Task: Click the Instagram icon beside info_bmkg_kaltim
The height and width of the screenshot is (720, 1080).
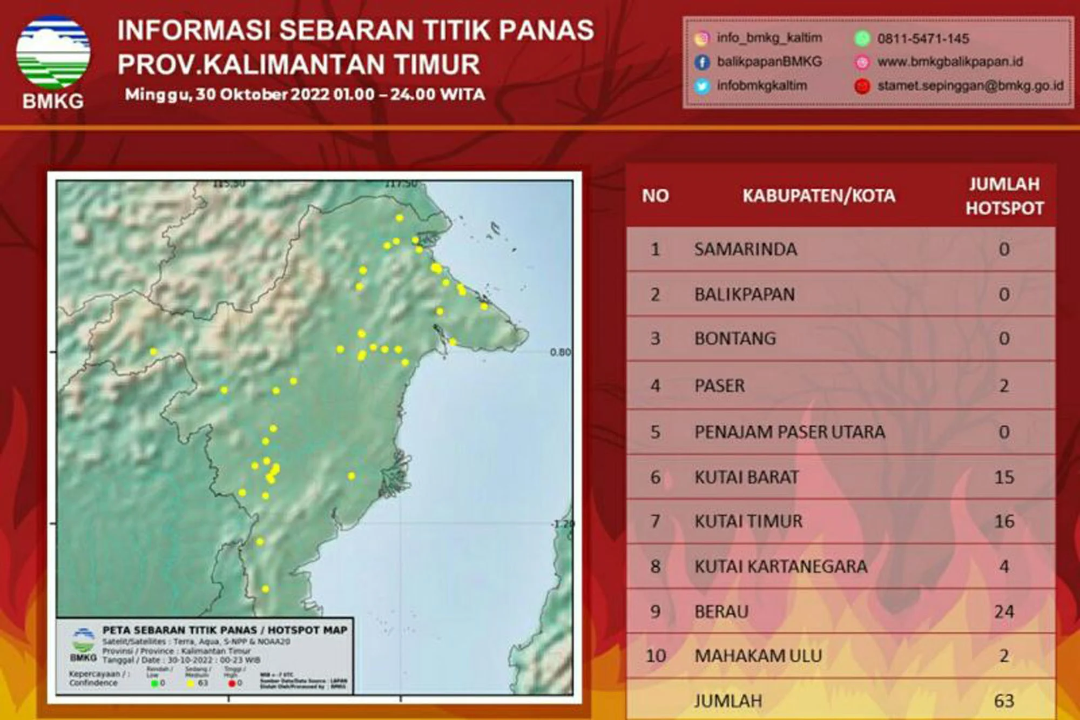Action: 701,38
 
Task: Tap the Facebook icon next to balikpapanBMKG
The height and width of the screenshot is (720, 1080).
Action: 701,62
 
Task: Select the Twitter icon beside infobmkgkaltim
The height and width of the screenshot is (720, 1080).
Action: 701,86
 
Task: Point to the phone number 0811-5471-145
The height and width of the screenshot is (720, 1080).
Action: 923,38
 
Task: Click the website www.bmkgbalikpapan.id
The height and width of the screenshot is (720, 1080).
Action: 950,62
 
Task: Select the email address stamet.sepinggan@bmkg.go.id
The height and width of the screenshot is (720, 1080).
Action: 970,86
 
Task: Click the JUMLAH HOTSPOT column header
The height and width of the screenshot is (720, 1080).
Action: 1004,196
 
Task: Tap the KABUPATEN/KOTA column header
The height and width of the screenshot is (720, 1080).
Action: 819,196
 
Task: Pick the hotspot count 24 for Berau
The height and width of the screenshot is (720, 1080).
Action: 1004,611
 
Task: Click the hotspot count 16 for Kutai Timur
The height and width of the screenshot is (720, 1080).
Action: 1004,521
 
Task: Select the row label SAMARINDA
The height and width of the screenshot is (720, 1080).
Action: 745,249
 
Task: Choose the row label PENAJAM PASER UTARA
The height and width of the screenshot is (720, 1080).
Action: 789,432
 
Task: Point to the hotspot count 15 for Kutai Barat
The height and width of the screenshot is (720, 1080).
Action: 1004,477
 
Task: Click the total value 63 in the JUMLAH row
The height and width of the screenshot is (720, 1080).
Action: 1004,701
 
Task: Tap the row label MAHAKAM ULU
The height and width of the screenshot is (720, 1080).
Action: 758,656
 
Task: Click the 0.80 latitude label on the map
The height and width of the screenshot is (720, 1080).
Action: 560,352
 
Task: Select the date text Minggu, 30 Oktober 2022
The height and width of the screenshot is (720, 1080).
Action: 227,95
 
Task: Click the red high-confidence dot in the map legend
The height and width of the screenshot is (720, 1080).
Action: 232,684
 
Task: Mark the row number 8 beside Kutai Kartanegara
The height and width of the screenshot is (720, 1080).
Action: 655,566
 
